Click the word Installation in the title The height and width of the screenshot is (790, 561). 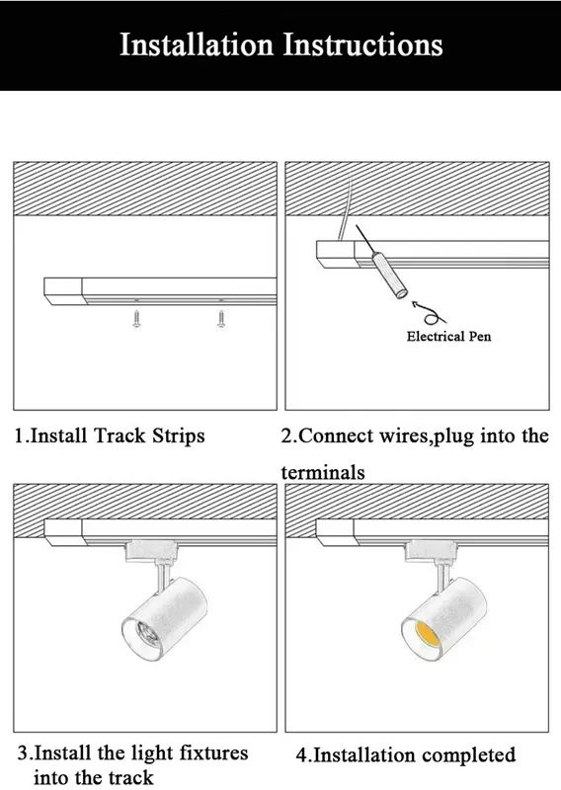(197, 44)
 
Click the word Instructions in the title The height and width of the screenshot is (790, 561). (362, 44)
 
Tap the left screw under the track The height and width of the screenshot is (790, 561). (136, 319)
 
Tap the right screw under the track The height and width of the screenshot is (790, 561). (221, 319)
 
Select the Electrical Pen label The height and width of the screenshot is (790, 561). (448, 336)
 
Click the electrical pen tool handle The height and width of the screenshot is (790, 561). (389, 276)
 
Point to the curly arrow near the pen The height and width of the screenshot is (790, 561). (429, 313)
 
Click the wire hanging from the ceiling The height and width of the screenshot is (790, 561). (345, 205)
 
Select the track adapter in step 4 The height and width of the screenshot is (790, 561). (431, 552)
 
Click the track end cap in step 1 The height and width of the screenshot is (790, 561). (63, 291)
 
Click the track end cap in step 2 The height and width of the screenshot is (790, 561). (336, 254)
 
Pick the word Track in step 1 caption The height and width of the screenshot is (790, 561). (120, 435)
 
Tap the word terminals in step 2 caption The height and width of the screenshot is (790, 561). (323, 473)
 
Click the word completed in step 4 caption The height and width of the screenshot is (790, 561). (469, 754)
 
